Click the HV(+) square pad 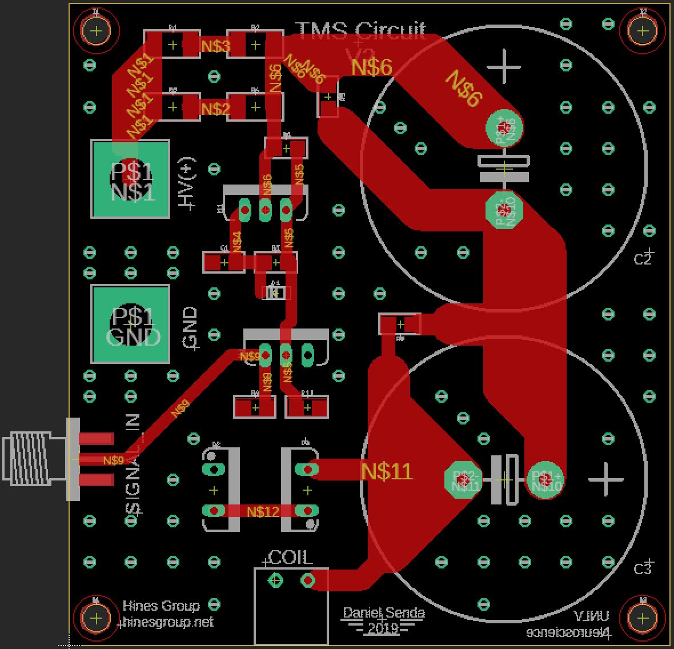[130, 179]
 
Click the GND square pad [130, 324]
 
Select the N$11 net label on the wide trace [386, 471]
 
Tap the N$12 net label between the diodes [263, 511]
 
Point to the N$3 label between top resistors [215, 46]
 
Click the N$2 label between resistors [215, 109]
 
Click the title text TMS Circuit [360, 30]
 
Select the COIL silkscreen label [290, 558]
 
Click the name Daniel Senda [383, 614]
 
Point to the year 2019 [383, 628]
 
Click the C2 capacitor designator [643, 259]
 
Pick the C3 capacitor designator [643, 568]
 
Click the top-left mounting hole [96, 31]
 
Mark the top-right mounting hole [643, 31]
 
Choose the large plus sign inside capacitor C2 [504, 67]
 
